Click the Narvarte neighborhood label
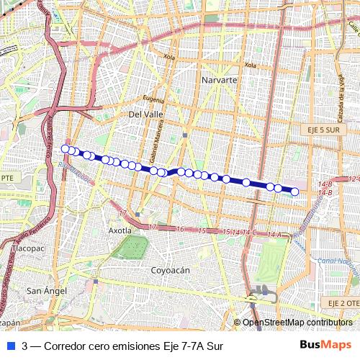click(x=220, y=79)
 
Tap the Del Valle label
click(x=143, y=114)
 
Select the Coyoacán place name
click(x=169, y=270)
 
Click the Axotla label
click(x=120, y=231)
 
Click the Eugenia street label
click(x=154, y=99)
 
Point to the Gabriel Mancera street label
click(x=153, y=140)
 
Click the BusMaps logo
click(x=325, y=346)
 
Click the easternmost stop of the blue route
click(x=294, y=191)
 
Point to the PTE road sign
click(x=7, y=177)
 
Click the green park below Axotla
click(x=131, y=247)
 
